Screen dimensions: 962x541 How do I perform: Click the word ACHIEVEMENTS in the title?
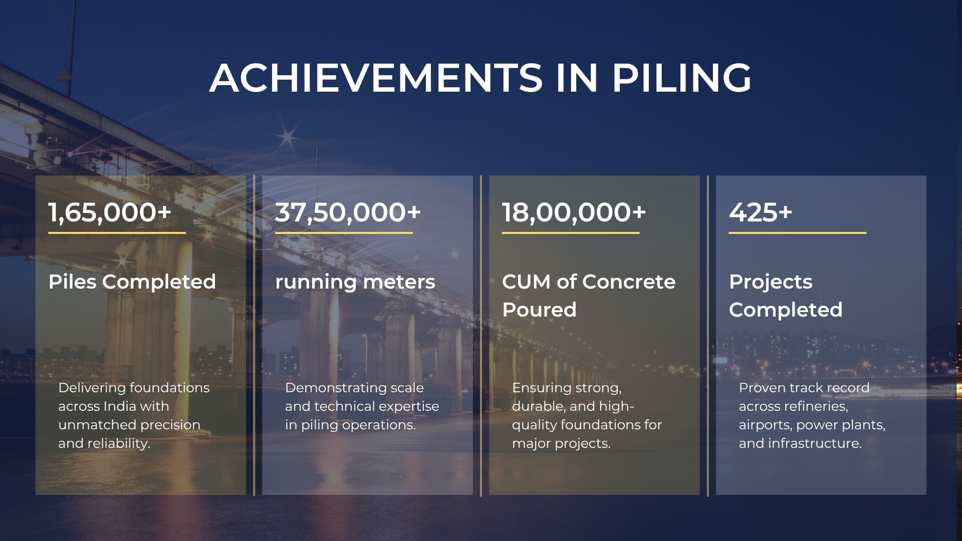pyautogui.click(x=376, y=78)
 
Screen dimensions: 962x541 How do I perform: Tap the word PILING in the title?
pyautogui.click(x=682, y=78)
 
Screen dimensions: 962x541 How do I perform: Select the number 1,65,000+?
pyautogui.click(x=110, y=212)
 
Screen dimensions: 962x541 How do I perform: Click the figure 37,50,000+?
pyautogui.click(x=348, y=212)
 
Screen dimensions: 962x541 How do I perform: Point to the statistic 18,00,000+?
pyautogui.click(x=574, y=212)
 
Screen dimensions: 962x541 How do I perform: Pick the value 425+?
pyautogui.click(x=761, y=212)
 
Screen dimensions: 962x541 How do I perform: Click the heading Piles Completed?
pyautogui.click(x=132, y=282)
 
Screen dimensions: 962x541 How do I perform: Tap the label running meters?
pyautogui.click(x=355, y=282)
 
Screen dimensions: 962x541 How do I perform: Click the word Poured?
pyautogui.click(x=539, y=310)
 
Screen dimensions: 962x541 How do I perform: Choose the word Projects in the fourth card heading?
pyautogui.click(x=771, y=282)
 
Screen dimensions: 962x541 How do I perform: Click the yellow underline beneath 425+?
pyautogui.click(x=798, y=233)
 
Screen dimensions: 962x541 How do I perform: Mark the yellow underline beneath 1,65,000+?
pyautogui.click(x=117, y=233)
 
